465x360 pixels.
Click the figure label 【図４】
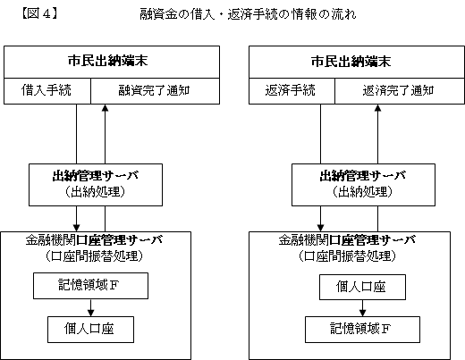point(39,13)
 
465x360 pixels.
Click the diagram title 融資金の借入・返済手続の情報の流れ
point(248,14)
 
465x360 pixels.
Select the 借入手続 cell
point(47,91)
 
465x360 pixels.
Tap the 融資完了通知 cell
point(155,91)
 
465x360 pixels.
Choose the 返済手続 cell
point(292,91)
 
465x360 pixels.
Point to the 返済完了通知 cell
point(400,91)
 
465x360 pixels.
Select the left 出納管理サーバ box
point(96,185)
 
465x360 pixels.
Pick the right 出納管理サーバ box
point(363,185)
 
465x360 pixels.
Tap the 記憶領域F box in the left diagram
point(90,286)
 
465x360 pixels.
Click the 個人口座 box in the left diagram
point(90,330)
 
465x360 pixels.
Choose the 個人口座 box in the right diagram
point(362,287)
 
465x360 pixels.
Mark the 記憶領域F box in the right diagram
point(362,330)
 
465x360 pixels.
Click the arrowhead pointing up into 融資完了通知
point(105,108)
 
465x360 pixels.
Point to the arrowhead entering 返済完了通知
point(377,108)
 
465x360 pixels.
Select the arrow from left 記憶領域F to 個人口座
point(91,307)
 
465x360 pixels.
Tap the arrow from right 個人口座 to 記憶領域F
point(362,308)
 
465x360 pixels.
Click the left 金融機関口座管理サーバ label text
point(94,240)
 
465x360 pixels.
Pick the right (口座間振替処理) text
point(347,256)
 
